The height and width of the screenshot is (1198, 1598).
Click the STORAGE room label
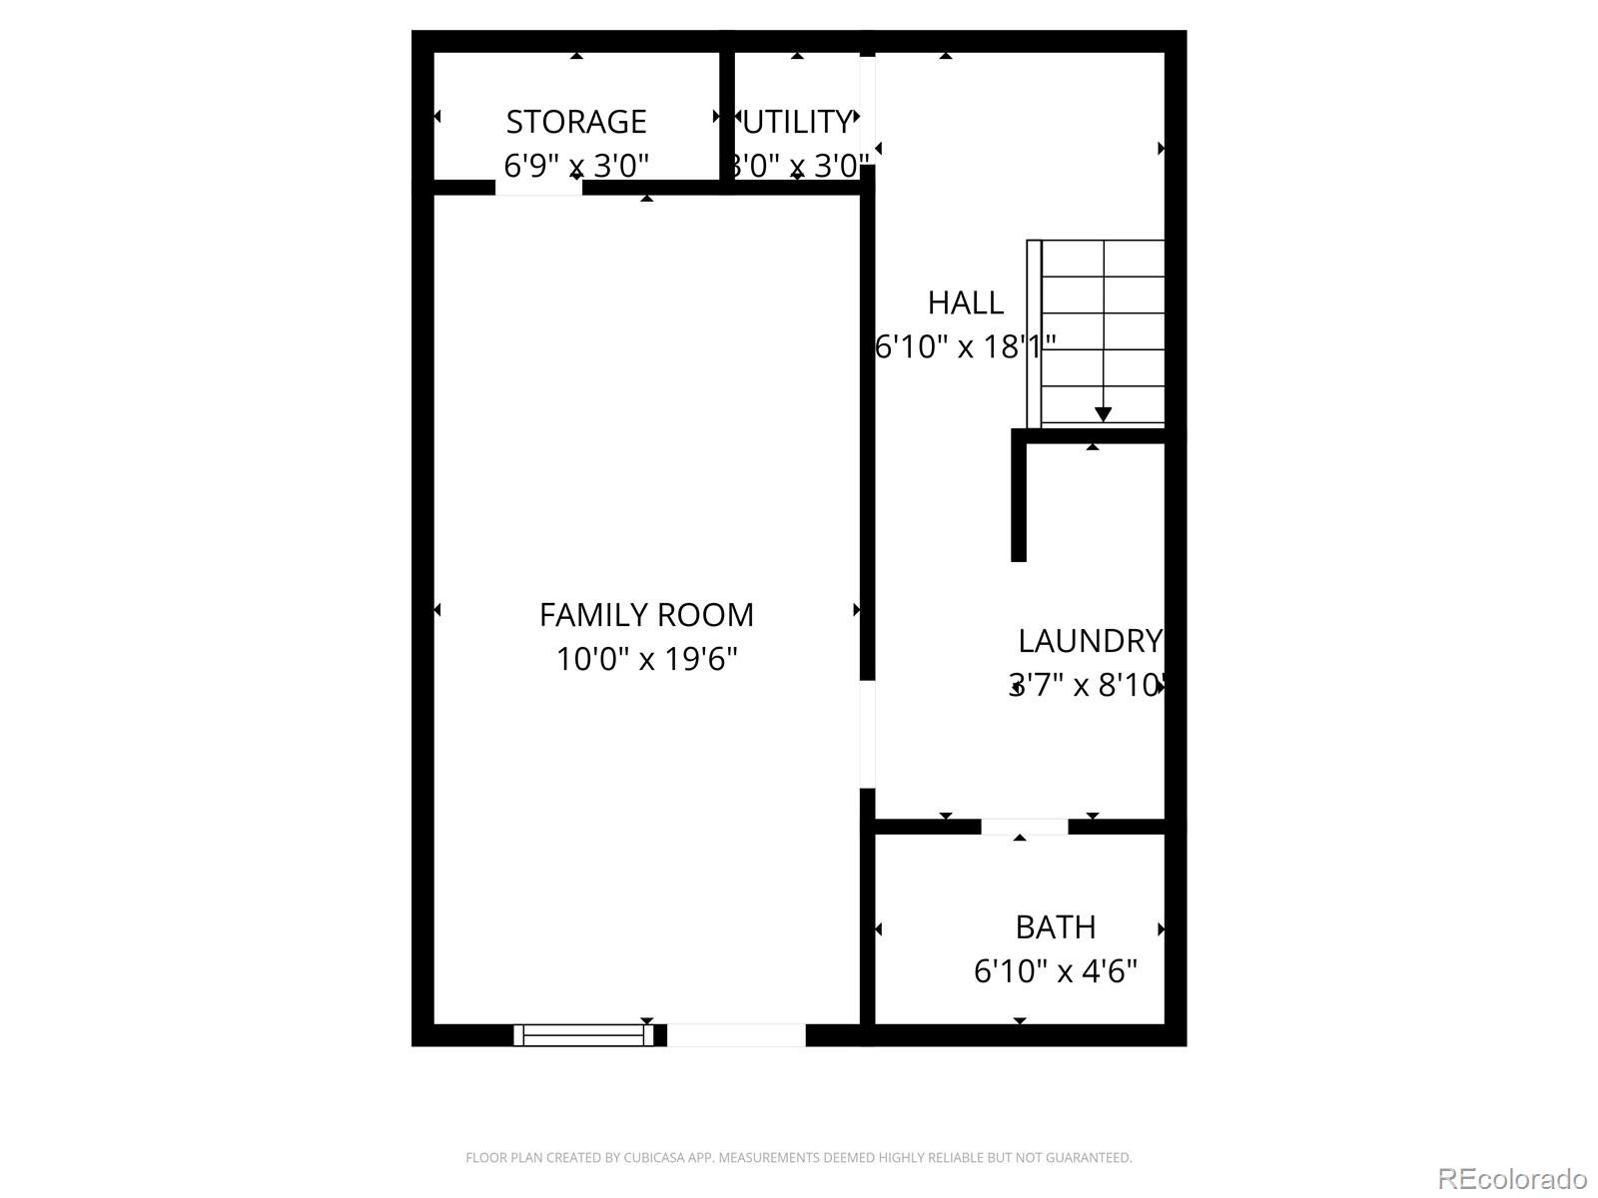point(576,122)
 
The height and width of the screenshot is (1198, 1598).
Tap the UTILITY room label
point(798,122)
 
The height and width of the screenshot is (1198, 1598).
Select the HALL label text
point(965,302)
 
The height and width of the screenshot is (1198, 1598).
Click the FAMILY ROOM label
point(646,615)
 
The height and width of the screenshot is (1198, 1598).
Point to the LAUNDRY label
point(1089,641)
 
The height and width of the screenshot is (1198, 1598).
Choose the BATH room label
point(1055,927)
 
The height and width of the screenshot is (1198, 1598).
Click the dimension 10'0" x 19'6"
point(646,659)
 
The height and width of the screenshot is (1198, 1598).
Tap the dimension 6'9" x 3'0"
point(576,165)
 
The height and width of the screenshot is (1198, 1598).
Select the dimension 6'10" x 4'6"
point(1055,970)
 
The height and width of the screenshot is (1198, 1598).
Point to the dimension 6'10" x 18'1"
point(965,346)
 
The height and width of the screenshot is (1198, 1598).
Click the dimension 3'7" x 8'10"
point(1087,685)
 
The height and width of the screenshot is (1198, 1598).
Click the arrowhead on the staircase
point(1103,414)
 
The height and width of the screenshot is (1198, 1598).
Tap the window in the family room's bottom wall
point(584,1035)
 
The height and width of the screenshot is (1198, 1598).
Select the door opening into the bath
point(1024,827)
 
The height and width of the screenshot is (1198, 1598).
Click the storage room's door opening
point(538,188)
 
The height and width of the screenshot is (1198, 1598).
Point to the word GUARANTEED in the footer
point(1091,1158)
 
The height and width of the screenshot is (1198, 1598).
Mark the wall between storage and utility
point(727,115)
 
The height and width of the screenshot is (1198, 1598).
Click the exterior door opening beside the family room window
point(736,1035)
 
